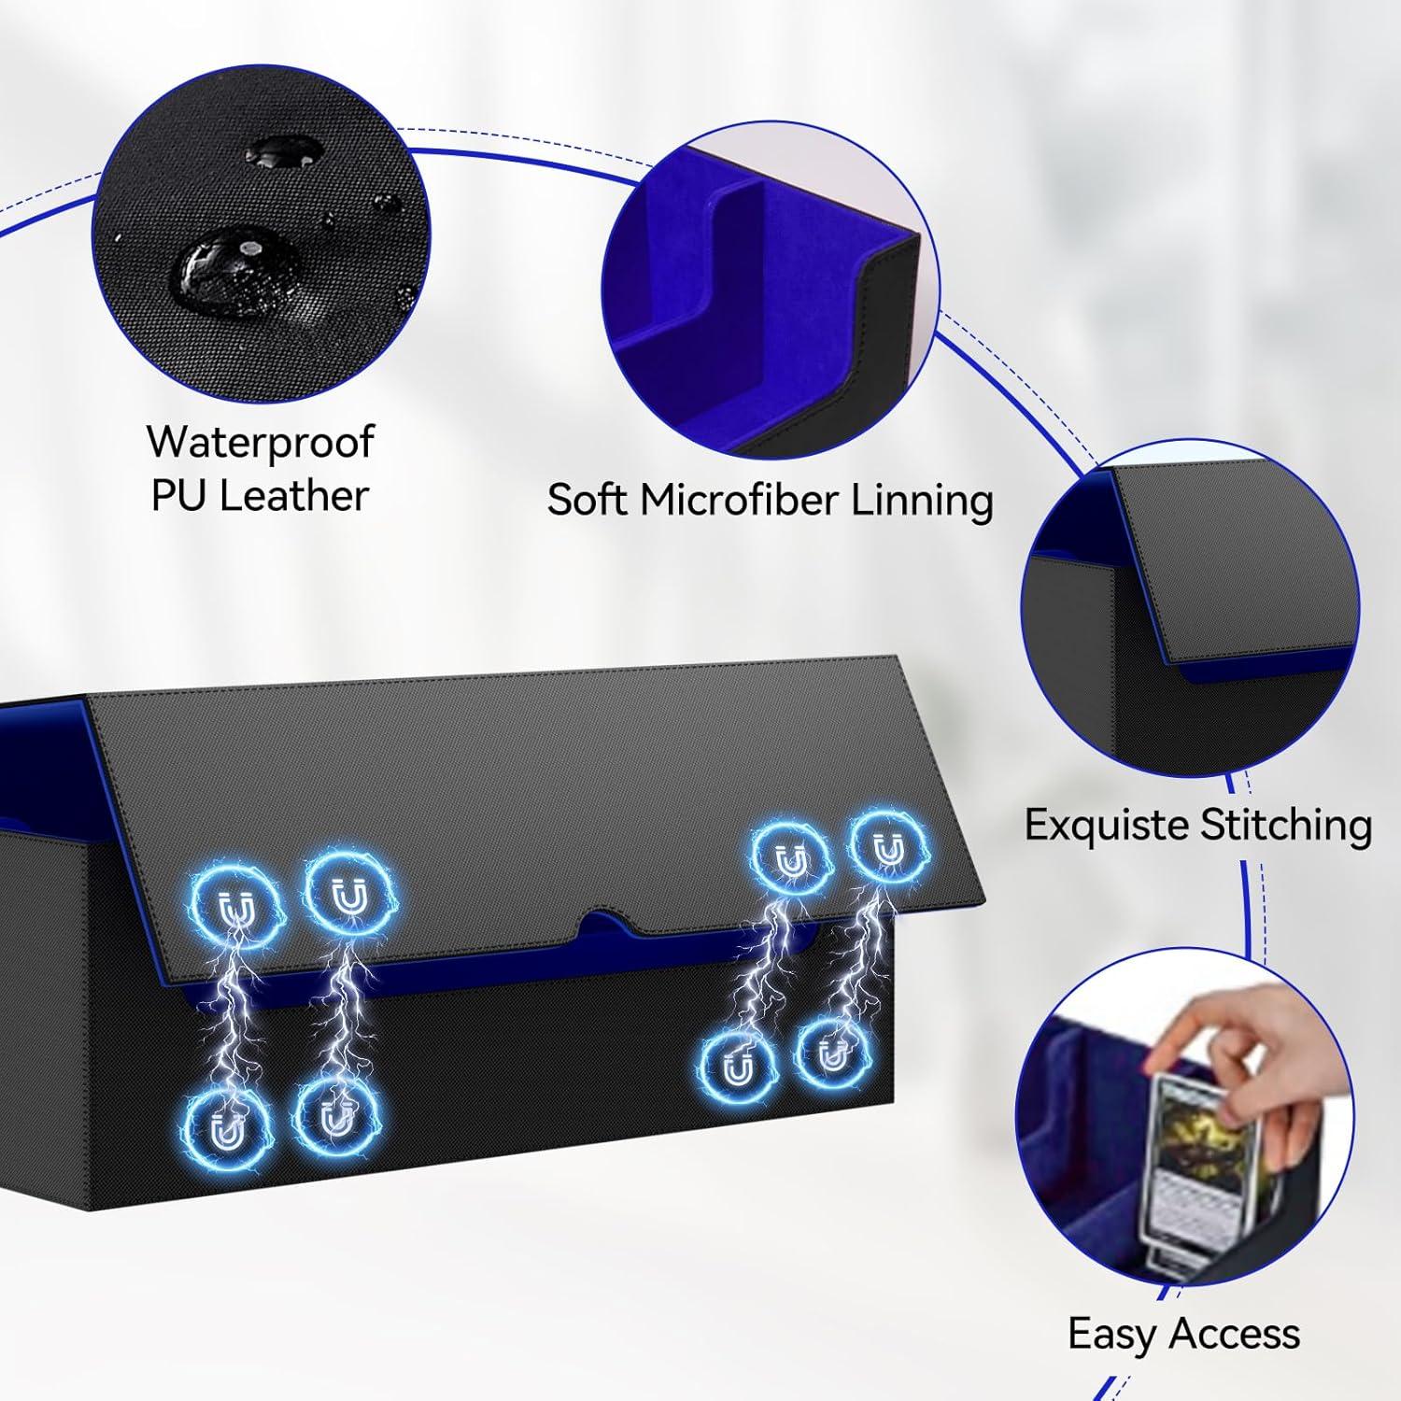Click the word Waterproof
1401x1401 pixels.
261,442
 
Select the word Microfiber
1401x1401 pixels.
734,501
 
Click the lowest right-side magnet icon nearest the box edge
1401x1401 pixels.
830,1056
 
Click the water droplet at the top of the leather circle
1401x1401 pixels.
284,150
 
